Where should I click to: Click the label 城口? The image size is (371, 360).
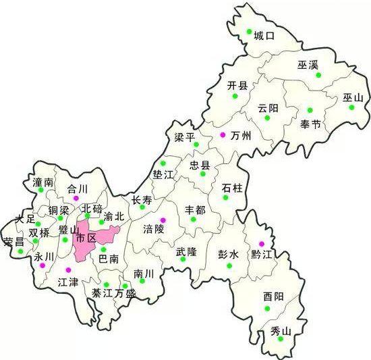pos(264,36)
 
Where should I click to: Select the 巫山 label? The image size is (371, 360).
pos(353,98)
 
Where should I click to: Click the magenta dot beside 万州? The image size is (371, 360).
pos(223,135)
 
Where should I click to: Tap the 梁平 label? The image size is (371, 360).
pos(184,137)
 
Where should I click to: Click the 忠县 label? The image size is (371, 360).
pos(200,165)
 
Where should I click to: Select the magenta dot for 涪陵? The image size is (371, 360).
pos(163,220)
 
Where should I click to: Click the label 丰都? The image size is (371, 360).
pos(195,210)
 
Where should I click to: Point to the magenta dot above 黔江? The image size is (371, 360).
pos(262,244)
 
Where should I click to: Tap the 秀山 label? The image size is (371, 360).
pos(280,331)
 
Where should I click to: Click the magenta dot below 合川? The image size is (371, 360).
pos(76,198)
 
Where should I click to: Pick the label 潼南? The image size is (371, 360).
pos(42,182)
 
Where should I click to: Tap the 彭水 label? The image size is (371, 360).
pos(229,255)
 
